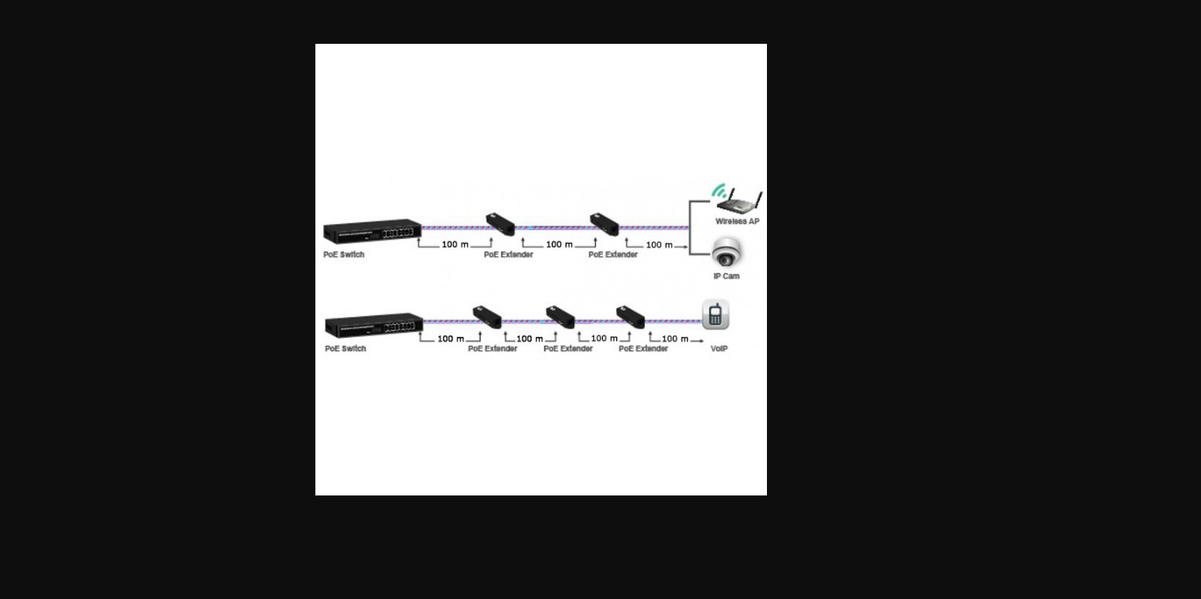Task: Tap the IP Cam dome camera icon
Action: coord(726,253)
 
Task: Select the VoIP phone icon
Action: coord(715,315)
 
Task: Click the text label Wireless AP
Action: coord(737,221)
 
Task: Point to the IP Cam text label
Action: coord(726,276)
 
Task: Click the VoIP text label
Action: coord(718,348)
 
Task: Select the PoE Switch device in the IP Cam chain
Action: coord(372,231)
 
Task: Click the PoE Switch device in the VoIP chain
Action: coord(374,324)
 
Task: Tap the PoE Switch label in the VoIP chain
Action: coord(345,348)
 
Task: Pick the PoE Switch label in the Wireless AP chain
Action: coord(343,255)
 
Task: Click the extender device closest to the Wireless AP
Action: coord(604,224)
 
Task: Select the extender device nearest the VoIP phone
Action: coord(630,316)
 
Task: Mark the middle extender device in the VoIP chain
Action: coord(560,316)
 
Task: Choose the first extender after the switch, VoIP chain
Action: coord(487,316)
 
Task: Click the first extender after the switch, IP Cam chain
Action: coord(500,224)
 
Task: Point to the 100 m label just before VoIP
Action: coord(675,339)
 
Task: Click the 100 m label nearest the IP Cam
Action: coord(659,245)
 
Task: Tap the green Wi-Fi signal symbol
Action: coord(718,191)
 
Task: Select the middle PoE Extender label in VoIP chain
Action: coord(568,348)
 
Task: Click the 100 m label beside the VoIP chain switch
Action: coord(450,339)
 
